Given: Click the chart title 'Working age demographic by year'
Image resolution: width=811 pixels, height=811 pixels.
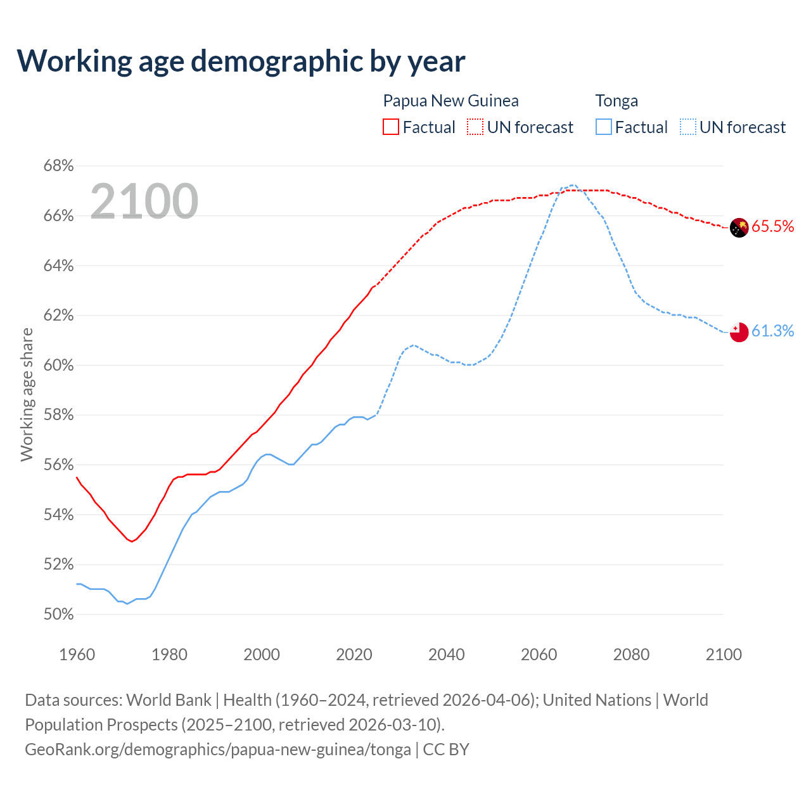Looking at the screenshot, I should pyautogui.click(x=241, y=61).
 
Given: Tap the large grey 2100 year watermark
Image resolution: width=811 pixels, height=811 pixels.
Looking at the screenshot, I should pyautogui.click(x=144, y=201).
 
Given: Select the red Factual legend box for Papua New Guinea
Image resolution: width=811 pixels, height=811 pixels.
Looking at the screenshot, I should pyautogui.click(x=391, y=127).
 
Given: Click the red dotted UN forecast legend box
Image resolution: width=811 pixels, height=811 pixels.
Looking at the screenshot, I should pyautogui.click(x=475, y=127).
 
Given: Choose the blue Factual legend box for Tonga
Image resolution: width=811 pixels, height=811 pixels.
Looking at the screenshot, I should pyautogui.click(x=604, y=127).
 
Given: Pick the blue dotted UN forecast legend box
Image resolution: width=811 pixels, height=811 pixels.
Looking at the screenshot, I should pyautogui.click(x=688, y=127).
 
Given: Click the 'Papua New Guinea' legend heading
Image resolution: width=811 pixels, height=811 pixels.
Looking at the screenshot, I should pyautogui.click(x=450, y=101).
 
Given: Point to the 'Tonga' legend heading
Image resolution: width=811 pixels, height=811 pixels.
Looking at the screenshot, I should pyautogui.click(x=616, y=101).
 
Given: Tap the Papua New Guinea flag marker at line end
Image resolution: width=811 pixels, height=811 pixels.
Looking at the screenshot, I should pyautogui.click(x=739, y=227).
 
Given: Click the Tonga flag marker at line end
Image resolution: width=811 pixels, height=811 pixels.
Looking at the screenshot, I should pyautogui.click(x=739, y=332).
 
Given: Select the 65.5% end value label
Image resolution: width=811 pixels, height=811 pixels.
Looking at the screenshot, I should pyautogui.click(x=772, y=227).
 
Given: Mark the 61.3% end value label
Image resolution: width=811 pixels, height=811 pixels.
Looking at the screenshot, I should pyautogui.click(x=772, y=331).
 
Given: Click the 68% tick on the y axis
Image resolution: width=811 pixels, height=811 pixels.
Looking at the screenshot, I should pyautogui.click(x=58, y=166).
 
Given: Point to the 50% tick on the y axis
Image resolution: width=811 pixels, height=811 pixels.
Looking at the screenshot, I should pyautogui.click(x=58, y=614).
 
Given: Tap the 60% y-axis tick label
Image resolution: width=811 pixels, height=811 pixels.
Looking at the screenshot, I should pyautogui.click(x=58, y=365).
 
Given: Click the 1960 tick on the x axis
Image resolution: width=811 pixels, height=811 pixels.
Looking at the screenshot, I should pyautogui.click(x=77, y=655).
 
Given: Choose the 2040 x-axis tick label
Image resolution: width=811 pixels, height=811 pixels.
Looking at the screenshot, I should pyautogui.click(x=447, y=655).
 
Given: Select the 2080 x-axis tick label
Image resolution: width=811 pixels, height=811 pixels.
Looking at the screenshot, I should pyautogui.click(x=631, y=655).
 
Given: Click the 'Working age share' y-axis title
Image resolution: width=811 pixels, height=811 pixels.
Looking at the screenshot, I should pyautogui.click(x=27, y=394).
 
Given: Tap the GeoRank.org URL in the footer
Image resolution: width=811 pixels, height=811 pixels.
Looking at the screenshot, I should pyautogui.click(x=218, y=750).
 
